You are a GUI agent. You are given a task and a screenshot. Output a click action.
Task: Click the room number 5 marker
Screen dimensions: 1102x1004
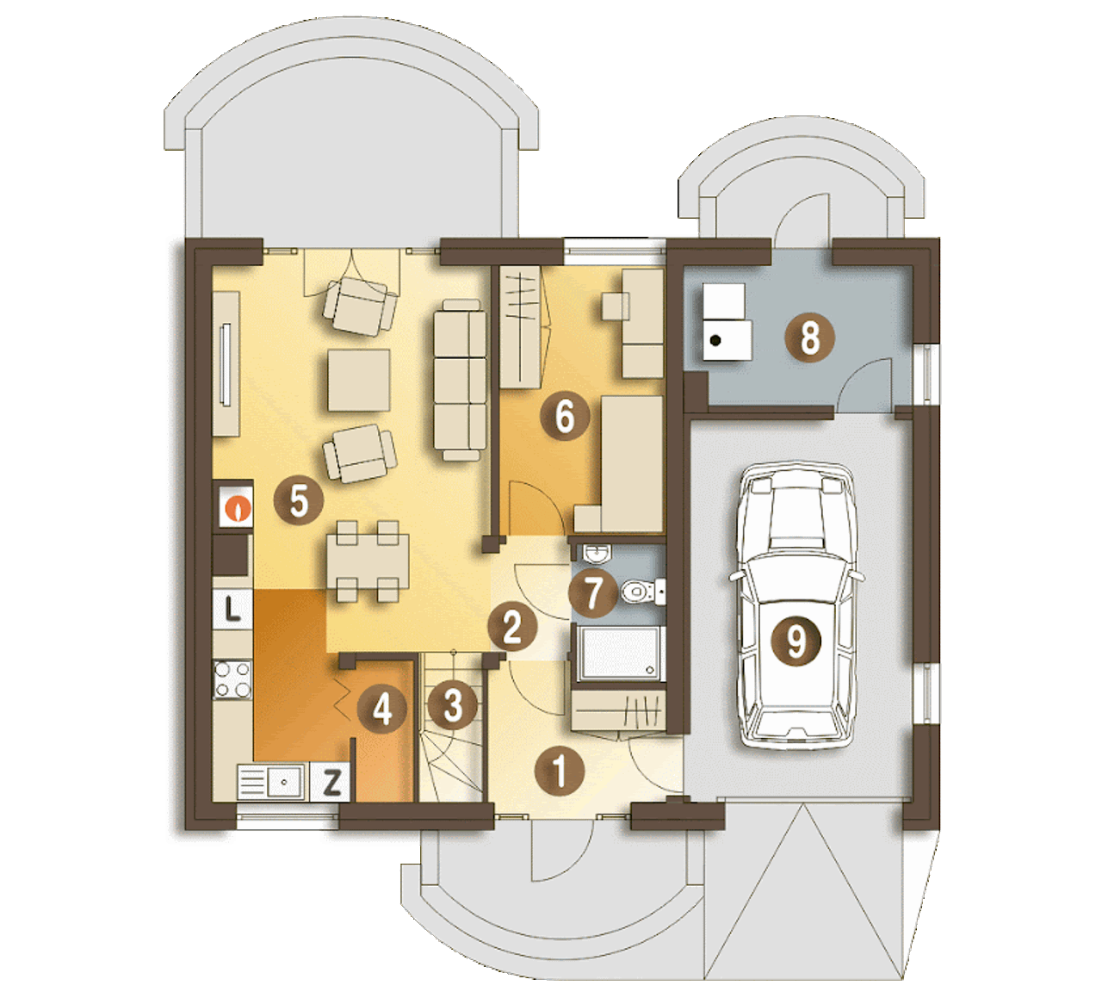(x=298, y=500)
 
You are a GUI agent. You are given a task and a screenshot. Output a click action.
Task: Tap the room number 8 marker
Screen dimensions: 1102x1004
(x=810, y=338)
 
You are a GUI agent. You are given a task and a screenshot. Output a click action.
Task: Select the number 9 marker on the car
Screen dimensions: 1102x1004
(x=796, y=641)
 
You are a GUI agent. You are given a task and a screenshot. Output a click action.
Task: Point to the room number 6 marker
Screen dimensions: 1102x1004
(x=565, y=415)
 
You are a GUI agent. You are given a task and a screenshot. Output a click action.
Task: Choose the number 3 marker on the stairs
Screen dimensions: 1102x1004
(x=453, y=705)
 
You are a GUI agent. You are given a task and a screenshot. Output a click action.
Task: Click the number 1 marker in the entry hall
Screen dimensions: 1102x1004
(x=560, y=771)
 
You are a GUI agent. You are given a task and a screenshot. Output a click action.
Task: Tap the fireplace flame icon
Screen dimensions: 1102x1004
(x=237, y=508)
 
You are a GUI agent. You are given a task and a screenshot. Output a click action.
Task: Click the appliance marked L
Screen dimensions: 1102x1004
(x=232, y=609)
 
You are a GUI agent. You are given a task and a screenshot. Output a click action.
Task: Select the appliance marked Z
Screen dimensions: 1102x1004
(x=330, y=782)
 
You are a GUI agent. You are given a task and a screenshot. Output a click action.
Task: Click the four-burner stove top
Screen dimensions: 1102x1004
(x=233, y=679)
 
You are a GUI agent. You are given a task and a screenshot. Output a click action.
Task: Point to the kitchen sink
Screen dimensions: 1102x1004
(x=271, y=782)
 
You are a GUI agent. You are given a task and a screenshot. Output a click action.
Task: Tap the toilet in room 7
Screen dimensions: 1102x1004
(x=644, y=592)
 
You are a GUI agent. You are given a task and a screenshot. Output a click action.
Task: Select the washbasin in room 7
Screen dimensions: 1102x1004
(x=597, y=554)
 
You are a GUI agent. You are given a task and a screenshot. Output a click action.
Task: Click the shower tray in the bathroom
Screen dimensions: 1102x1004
(x=618, y=653)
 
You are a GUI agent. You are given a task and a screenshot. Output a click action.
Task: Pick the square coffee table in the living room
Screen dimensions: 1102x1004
(x=359, y=381)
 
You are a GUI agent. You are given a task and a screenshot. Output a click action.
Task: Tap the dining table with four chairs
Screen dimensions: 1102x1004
(x=367, y=561)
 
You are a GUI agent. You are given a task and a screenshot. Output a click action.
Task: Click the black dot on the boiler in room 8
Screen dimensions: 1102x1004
(x=715, y=341)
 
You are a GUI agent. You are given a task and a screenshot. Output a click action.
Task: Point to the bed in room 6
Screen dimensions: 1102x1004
(x=632, y=463)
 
